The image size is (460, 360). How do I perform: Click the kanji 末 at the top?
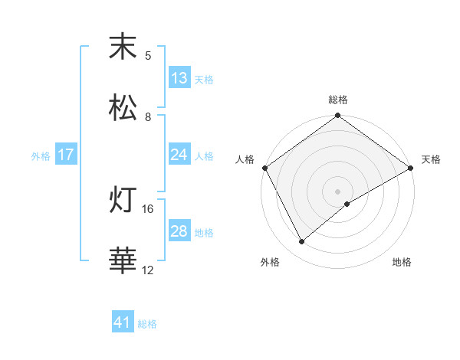(x=123, y=47)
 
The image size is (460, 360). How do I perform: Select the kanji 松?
(x=123, y=108)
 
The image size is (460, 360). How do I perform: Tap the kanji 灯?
(x=123, y=201)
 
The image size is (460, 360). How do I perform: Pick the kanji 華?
(x=123, y=260)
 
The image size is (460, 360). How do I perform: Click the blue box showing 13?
(x=179, y=78)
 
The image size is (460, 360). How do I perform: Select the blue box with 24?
(x=179, y=155)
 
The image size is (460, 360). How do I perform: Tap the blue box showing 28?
(x=179, y=231)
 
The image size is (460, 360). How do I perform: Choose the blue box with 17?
(x=66, y=155)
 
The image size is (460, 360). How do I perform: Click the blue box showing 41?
(x=123, y=322)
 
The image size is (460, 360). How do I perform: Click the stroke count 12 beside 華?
(x=148, y=270)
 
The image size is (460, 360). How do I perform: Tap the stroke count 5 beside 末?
(x=148, y=56)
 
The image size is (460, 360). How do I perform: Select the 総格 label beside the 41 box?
(x=147, y=324)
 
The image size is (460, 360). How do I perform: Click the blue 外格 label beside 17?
(x=41, y=155)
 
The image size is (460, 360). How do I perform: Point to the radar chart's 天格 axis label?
(x=432, y=159)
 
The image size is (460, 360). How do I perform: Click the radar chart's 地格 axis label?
(x=402, y=263)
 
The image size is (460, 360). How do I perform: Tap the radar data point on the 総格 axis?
(x=337, y=116)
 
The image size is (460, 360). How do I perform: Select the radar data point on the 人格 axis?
(x=264, y=168)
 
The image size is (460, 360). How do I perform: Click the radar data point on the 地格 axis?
(x=347, y=204)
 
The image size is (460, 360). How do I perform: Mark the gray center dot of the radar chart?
(x=337, y=191)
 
